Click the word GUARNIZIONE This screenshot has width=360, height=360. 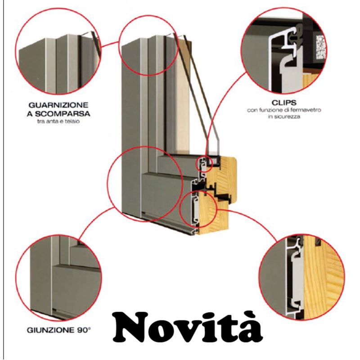click(x=58, y=105)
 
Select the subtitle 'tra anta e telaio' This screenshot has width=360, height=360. click(x=58, y=121)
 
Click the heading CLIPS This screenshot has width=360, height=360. click(x=284, y=103)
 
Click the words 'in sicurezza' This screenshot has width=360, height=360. click(x=284, y=117)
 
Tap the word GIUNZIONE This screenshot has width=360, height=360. click(x=50, y=330)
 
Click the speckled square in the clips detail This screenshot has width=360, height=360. click(x=320, y=47)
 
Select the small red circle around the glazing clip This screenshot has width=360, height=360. click(x=196, y=164)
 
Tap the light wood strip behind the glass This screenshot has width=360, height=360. click(x=184, y=96)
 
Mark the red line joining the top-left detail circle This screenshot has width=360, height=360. click(x=110, y=44)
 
